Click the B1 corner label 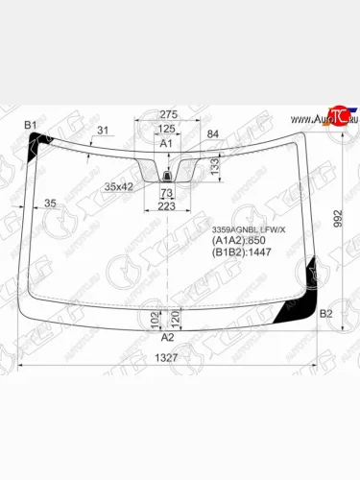tap(30, 126)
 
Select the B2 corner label tap(325, 314)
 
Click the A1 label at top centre tap(165, 143)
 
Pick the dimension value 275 tap(169, 114)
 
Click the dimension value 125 tap(167, 128)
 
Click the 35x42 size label tap(119, 185)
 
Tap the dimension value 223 tap(167, 205)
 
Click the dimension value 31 tap(103, 132)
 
